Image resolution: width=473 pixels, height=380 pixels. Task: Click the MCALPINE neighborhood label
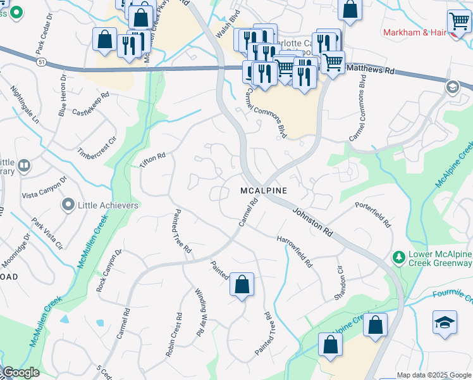264,191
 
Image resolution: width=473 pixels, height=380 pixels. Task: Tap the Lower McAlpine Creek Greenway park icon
399,256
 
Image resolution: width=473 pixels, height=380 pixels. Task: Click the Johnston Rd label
312,221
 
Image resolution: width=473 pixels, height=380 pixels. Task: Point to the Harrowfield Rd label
295,251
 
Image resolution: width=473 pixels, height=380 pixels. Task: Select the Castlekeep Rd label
91,103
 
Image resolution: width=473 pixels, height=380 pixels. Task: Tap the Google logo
20,373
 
